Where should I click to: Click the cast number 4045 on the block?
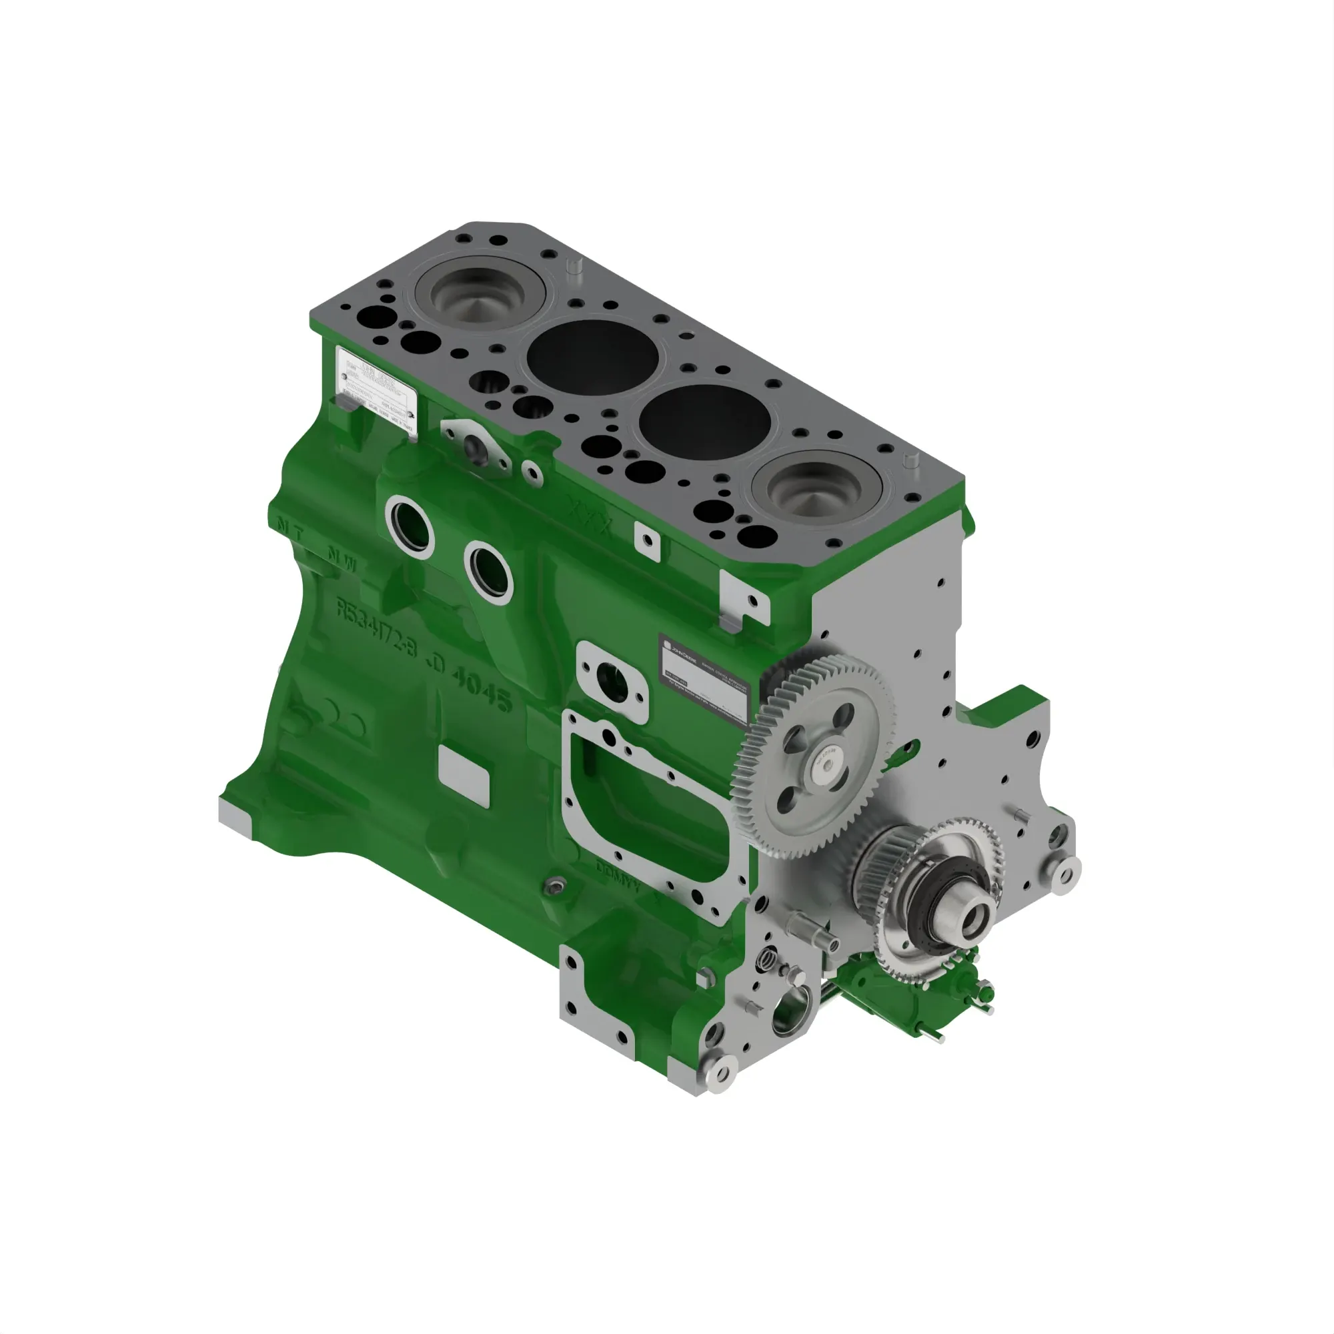(482, 688)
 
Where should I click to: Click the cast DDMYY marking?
(618, 874)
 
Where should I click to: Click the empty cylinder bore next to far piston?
(592, 357)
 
